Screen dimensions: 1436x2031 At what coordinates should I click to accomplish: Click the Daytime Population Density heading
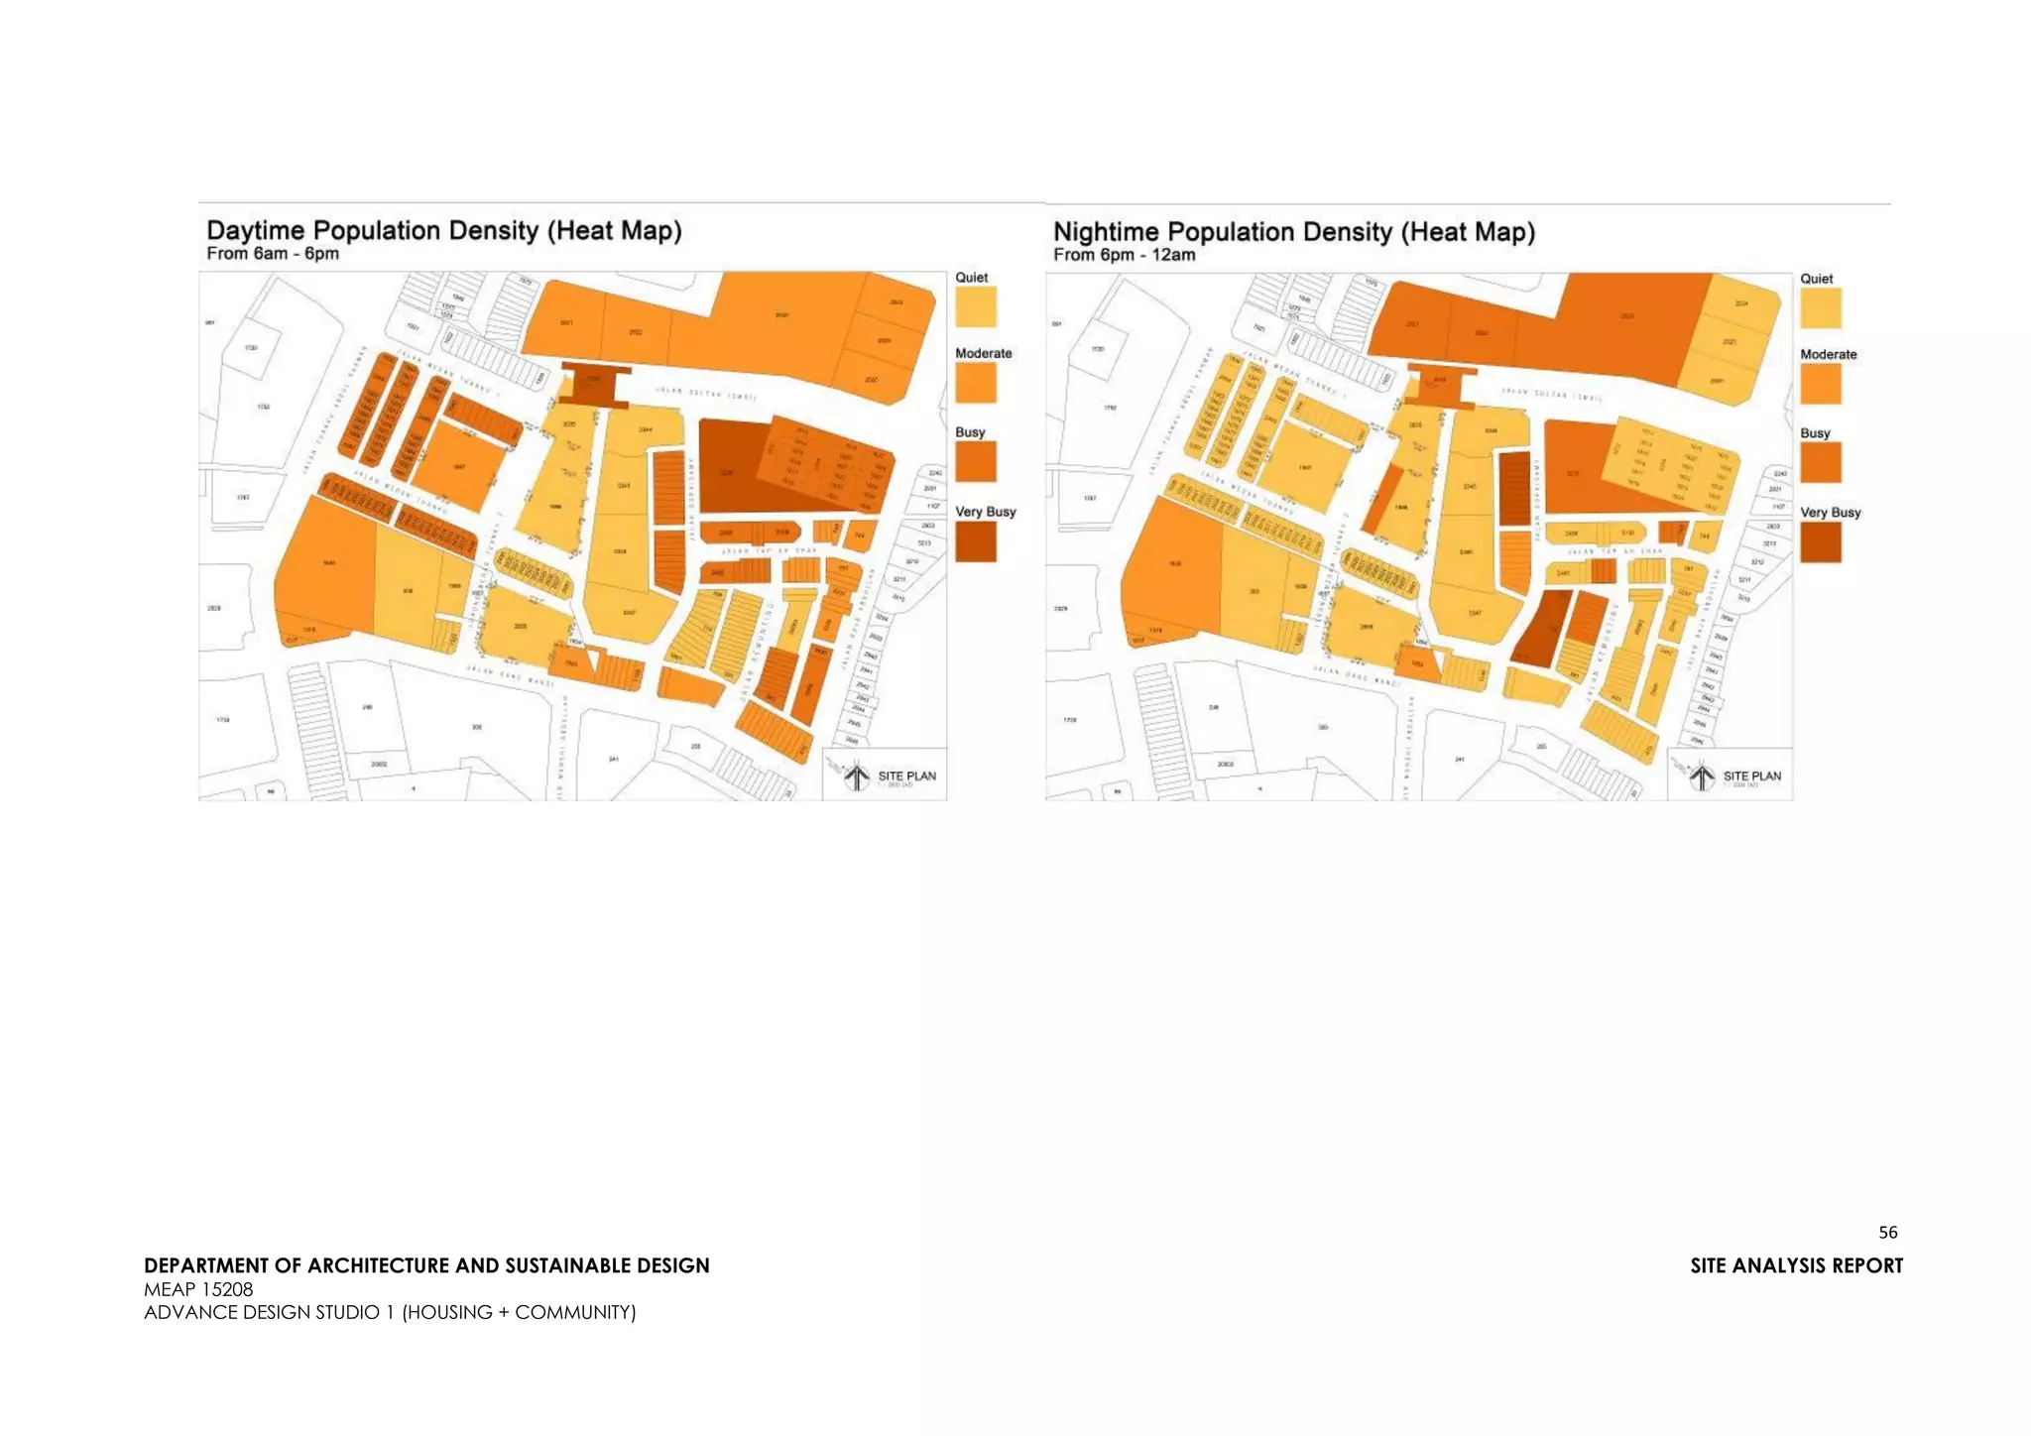pos(443,230)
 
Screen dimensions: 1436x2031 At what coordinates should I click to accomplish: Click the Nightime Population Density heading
pos(1293,232)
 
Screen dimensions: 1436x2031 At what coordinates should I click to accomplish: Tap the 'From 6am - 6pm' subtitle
pos(273,254)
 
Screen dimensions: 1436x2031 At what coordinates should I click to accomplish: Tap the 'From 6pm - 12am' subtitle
pos(1124,255)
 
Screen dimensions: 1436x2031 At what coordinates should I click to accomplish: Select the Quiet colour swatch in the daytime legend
pos(976,306)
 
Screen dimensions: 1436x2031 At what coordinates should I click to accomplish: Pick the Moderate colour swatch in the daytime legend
pos(976,383)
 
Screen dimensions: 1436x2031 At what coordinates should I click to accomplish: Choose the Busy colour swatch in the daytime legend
pos(976,462)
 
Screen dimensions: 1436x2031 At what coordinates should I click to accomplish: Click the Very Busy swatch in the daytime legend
pos(976,541)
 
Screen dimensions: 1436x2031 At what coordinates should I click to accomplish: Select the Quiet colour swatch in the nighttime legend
pos(1821,307)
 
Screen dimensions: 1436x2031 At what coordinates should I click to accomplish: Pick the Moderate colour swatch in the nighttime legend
pos(1821,384)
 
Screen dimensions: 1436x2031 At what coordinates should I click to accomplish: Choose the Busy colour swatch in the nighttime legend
pos(1821,463)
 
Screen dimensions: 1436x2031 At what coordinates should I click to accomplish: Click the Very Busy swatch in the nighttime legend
pos(1821,542)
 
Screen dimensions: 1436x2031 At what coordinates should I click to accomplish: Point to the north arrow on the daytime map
pos(857,777)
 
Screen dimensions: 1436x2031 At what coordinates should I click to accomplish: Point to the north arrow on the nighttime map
pos(1702,777)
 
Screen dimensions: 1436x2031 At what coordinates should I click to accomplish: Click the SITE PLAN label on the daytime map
pos(906,776)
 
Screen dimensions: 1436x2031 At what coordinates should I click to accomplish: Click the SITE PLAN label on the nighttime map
pos(1751,776)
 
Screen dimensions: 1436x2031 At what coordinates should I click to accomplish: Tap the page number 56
pos(1887,1233)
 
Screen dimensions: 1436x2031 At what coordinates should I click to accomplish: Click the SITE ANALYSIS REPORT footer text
pos(1796,1265)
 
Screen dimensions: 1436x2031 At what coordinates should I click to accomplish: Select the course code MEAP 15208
pos(198,1289)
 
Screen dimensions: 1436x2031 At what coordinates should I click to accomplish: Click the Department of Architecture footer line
pos(426,1265)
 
